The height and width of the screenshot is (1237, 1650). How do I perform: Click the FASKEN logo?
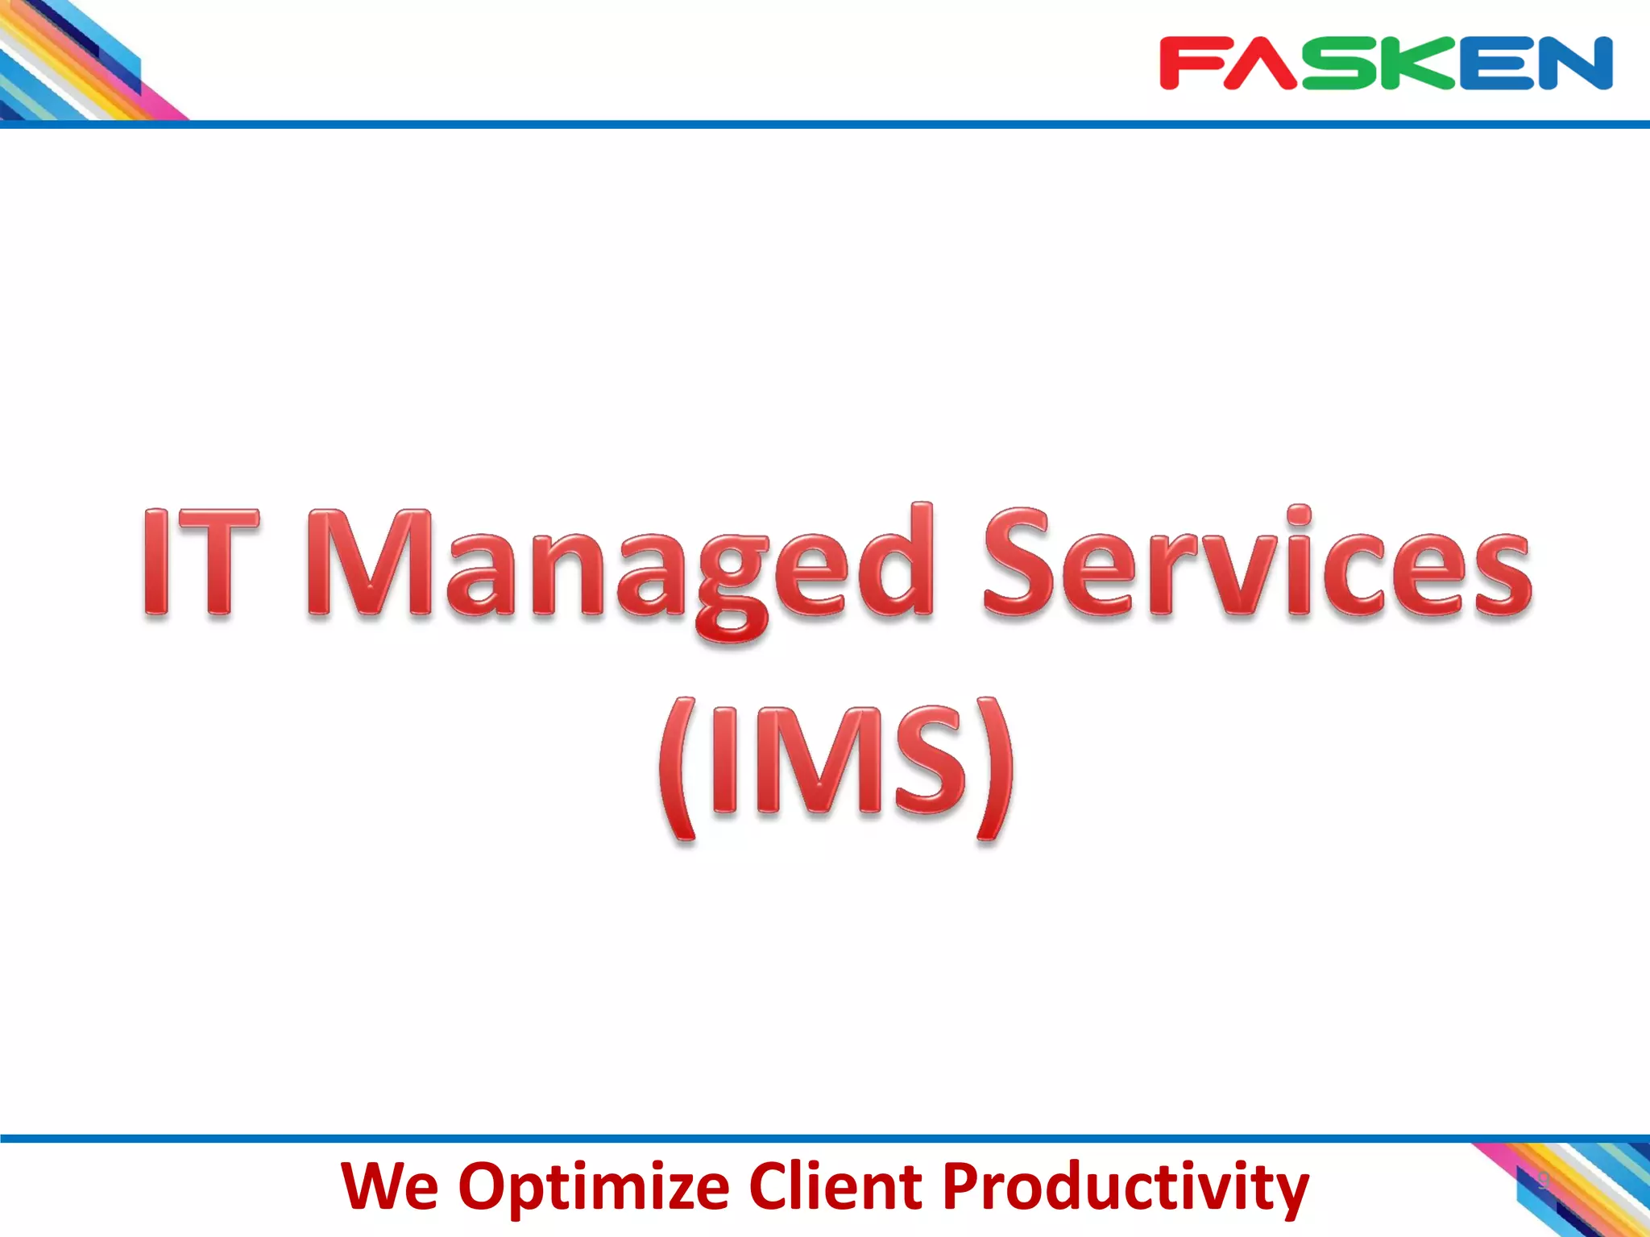[1386, 63]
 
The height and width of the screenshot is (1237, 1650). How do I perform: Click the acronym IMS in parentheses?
[838, 761]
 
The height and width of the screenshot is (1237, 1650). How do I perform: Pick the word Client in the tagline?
[835, 1186]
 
